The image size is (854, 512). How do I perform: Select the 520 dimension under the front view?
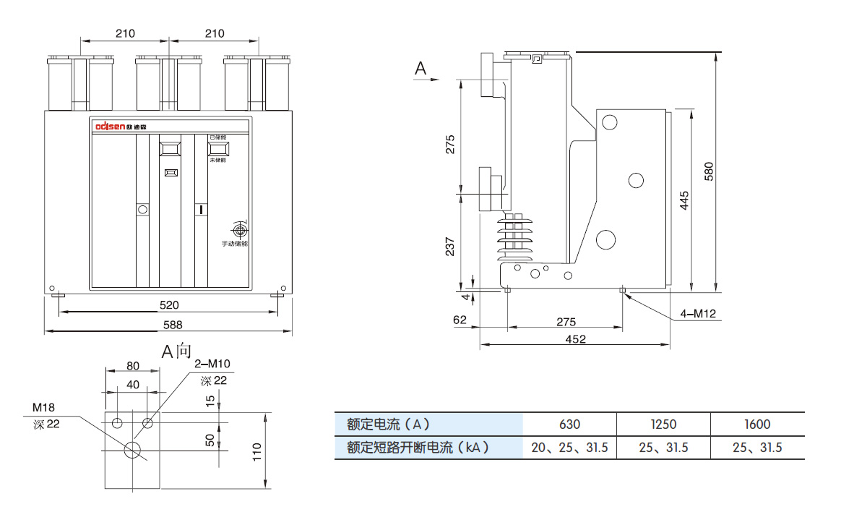(169, 305)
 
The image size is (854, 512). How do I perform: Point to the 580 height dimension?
(709, 171)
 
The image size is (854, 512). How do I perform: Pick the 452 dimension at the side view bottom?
(576, 338)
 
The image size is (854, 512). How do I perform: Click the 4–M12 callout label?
(697, 313)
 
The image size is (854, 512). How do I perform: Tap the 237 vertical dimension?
(450, 247)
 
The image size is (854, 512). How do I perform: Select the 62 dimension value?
(460, 320)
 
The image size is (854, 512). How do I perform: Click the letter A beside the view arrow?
(421, 69)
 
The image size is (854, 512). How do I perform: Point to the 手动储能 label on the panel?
(234, 244)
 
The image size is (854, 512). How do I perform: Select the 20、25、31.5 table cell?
(569, 448)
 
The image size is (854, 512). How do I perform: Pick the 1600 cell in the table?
(757, 424)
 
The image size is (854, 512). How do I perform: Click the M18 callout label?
(43, 409)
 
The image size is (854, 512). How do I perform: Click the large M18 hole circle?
(133, 449)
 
